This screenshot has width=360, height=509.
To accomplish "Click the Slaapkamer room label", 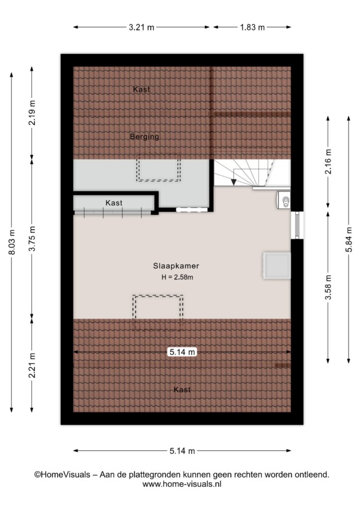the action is point(176,266).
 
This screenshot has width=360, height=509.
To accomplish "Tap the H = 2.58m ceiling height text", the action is point(177,277).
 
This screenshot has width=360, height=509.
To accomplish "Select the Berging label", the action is point(145,137).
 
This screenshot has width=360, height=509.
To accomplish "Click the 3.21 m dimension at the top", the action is point(141,27).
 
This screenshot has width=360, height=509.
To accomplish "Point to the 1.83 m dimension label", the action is point(252,27).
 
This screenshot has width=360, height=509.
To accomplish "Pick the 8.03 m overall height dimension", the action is point(12,242).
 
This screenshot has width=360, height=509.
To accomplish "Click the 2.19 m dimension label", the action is point(32,113).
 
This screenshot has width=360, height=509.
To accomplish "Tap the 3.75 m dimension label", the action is point(32,239).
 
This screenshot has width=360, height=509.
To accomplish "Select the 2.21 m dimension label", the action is point(32,365).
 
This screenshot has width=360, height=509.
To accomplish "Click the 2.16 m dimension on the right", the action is point(328,162).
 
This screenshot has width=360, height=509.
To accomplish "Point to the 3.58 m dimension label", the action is point(328,288).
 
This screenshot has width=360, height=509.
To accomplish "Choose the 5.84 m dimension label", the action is point(349,239).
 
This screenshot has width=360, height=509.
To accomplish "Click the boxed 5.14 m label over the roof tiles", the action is point(182,352).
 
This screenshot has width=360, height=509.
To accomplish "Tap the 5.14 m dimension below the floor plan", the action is point(182,451).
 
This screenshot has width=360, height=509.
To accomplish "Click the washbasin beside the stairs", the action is point(283,200).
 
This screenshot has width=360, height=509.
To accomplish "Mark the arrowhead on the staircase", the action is point(234,182).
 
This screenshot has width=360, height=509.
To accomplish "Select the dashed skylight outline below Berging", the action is point(159,168).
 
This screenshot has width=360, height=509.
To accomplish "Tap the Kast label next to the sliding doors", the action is point(114,203).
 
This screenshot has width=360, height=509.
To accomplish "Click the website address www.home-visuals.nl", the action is point(182,484).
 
